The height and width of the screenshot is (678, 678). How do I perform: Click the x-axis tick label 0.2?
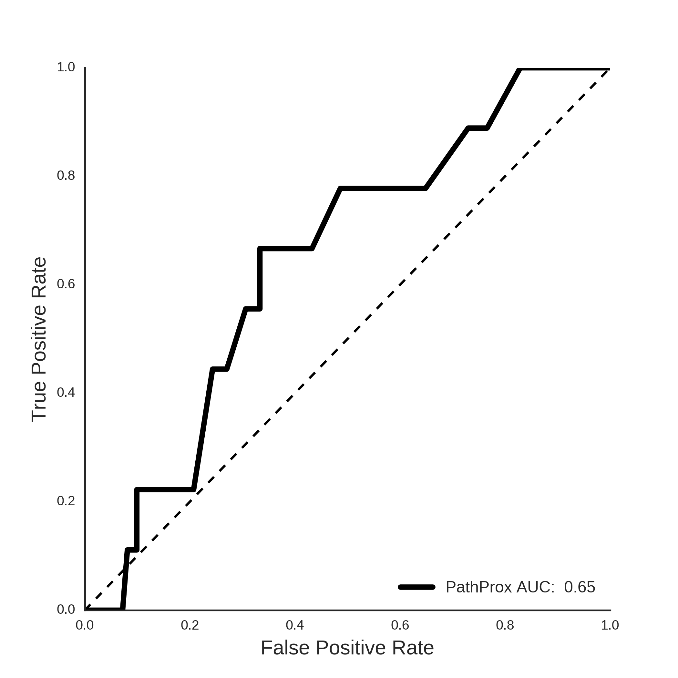point(190,625)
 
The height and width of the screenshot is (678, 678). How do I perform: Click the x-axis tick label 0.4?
point(295,625)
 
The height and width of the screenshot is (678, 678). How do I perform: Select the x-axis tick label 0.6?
point(400,625)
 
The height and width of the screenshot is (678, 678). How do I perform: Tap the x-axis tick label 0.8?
point(505,625)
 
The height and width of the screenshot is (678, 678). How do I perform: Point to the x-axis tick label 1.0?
point(610,625)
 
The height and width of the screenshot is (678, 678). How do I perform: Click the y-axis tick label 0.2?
point(66,501)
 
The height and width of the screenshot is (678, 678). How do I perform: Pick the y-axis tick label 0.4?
point(66,392)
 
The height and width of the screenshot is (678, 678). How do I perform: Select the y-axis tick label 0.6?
point(66,284)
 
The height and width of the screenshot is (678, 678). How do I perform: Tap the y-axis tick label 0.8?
point(66,175)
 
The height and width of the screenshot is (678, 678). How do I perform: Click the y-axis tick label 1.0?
point(66,67)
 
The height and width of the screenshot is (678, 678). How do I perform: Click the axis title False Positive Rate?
point(347,648)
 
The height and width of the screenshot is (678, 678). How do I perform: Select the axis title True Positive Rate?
point(39,339)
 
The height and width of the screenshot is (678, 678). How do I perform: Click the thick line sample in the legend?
point(416,587)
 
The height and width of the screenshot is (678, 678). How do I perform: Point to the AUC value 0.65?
point(580,587)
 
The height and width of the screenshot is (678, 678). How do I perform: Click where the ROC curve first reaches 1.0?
point(519,69)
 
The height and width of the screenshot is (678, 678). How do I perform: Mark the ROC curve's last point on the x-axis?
point(122,610)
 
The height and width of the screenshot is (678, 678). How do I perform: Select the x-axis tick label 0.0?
point(85,625)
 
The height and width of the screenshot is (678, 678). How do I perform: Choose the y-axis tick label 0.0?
point(66,610)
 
